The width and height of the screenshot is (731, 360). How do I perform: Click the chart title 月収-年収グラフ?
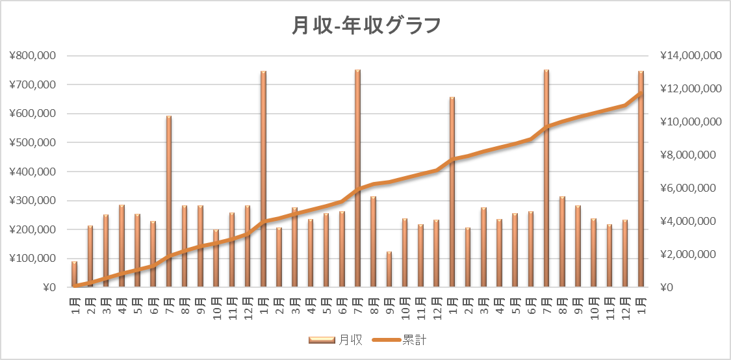(366, 26)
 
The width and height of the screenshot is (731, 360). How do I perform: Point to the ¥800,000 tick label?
(32, 56)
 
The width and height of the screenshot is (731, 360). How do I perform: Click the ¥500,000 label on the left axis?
(32, 142)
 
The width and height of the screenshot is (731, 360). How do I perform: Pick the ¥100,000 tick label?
(32, 259)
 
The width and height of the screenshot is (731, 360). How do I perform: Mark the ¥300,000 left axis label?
(32, 201)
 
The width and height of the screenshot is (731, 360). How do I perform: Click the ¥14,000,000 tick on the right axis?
(690, 56)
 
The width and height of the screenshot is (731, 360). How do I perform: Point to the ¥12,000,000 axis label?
(690, 89)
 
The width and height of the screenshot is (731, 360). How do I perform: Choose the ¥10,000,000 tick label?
(690, 122)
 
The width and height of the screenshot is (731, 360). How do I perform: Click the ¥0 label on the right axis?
(667, 287)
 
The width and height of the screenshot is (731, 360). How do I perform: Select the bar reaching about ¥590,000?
(169, 201)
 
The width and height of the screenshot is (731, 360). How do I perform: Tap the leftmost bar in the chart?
(74, 274)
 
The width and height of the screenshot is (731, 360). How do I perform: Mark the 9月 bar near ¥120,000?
(389, 269)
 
